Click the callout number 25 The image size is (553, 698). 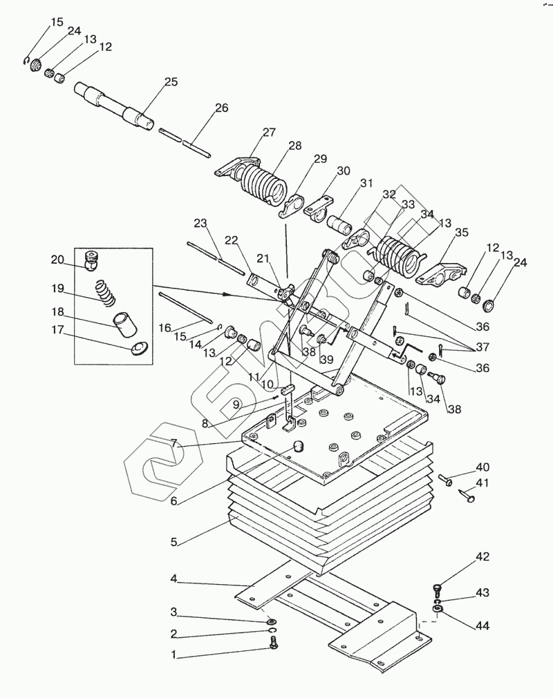[171, 82]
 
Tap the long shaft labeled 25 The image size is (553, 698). [115, 105]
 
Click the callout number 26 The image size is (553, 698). [221, 108]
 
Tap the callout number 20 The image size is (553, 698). [57, 259]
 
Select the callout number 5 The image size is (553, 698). [174, 542]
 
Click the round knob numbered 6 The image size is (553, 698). [297, 445]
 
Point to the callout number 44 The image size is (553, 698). [482, 626]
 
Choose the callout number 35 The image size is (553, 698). [462, 232]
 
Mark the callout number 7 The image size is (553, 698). [174, 443]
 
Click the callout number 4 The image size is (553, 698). [174, 579]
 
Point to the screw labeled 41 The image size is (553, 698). [466, 495]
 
